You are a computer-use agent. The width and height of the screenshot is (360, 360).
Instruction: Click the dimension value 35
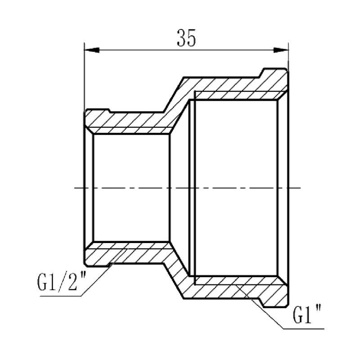pyautogui.click(x=186, y=39)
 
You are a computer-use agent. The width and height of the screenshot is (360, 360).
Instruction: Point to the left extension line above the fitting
pyautogui.click(x=85, y=76)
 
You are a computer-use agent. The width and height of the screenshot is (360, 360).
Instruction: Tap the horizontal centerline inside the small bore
pyautogui.click(x=130, y=187)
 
